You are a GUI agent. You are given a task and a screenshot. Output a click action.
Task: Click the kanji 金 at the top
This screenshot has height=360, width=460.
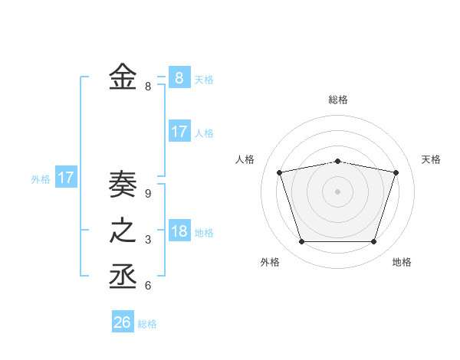pyautogui.click(x=123, y=77)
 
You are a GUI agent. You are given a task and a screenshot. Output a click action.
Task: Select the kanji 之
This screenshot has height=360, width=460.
pyautogui.click(x=123, y=231)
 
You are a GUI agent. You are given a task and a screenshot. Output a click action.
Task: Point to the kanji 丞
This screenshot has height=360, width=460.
pyautogui.click(x=123, y=277)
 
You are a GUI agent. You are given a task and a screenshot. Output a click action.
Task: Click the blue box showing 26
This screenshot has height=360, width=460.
pyautogui.click(x=122, y=322)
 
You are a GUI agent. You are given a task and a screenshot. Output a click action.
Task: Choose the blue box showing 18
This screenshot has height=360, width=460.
pyautogui.click(x=179, y=231)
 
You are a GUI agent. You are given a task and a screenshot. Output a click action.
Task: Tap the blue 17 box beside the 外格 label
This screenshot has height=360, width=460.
pyautogui.click(x=65, y=178)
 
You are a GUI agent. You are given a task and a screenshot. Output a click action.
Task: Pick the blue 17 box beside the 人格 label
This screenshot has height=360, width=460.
pyautogui.click(x=179, y=132)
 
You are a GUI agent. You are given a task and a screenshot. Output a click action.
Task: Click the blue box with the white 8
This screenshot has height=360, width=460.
pyautogui.click(x=179, y=78)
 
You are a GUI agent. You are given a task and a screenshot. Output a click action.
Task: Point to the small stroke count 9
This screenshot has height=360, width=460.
pyautogui.click(x=148, y=194)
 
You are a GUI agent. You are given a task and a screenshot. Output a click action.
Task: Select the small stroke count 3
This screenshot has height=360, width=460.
pyautogui.click(x=148, y=240)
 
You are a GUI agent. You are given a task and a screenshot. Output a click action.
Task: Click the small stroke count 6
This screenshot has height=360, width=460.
pyautogui.click(x=148, y=286)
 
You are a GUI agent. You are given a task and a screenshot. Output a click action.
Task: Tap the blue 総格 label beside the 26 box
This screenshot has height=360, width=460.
pyautogui.click(x=147, y=324)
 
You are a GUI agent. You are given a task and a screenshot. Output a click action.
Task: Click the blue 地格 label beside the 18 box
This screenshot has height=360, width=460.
pyautogui.click(x=204, y=233)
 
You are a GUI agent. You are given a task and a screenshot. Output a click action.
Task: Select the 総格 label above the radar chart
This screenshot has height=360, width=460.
pyautogui.click(x=338, y=100)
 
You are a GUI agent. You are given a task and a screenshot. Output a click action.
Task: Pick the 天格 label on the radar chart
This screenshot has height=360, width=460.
pyautogui.click(x=432, y=159)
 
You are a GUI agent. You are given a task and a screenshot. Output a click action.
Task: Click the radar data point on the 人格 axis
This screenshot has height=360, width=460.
pyautogui.click(x=280, y=172)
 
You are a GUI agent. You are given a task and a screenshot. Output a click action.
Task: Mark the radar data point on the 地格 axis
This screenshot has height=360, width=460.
pyautogui.click(x=374, y=242)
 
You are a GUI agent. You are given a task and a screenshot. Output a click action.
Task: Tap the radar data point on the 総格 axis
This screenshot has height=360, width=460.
pyautogui.click(x=338, y=162)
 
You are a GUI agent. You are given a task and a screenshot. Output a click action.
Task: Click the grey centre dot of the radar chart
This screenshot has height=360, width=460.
pyautogui.click(x=338, y=191)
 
